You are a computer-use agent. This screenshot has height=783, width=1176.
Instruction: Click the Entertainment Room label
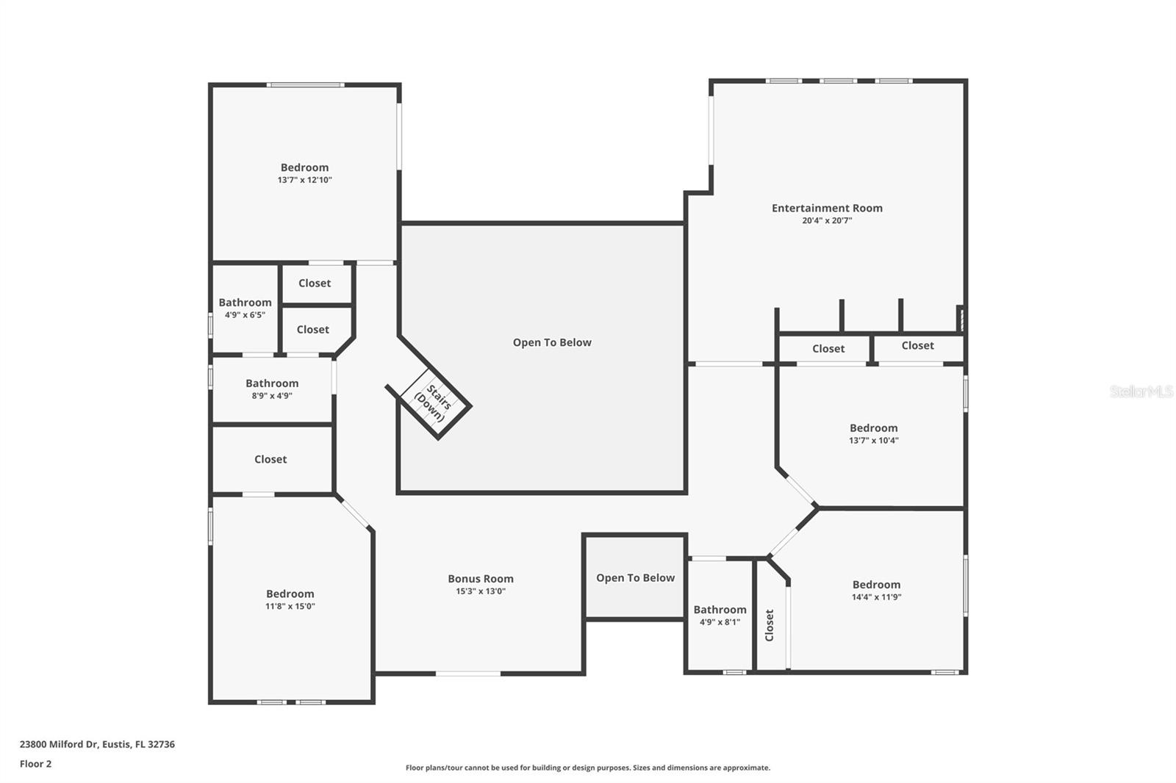pyautogui.click(x=827, y=208)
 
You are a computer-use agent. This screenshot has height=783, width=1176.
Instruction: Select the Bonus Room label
pyautogui.click(x=481, y=579)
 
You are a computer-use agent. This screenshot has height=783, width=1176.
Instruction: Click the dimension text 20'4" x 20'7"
pyautogui.click(x=827, y=220)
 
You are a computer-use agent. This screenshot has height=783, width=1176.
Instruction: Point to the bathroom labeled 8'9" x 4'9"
pyautogui.click(x=272, y=389)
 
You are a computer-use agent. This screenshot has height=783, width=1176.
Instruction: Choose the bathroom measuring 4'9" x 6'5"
pyautogui.click(x=245, y=308)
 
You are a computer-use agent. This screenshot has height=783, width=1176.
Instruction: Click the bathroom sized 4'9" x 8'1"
pyautogui.click(x=720, y=615)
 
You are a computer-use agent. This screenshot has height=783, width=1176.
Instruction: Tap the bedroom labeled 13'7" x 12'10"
pyautogui.click(x=304, y=173)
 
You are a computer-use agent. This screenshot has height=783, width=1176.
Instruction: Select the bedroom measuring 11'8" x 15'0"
pyautogui.click(x=290, y=599)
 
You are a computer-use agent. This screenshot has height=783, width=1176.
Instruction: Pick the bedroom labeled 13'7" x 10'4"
pyautogui.click(x=873, y=433)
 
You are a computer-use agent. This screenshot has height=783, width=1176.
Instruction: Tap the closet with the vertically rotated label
pyautogui.click(x=770, y=625)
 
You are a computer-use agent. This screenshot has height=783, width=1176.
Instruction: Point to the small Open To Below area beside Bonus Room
pyautogui.click(x=635, y=578)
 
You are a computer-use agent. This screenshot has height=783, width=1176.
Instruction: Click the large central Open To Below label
pyautogui.click(x=552, y=342)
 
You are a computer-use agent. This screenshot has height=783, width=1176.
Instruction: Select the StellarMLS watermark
pyautogui.click(x=1141, y=391)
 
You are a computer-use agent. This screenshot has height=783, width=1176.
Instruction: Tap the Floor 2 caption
pyautogui.click(x=35, y=764)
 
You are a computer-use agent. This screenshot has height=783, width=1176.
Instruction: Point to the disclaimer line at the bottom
pyautogui.click(x=588, y=768)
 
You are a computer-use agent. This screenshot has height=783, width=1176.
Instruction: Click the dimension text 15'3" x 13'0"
pyautogui.click(x=481, y=591)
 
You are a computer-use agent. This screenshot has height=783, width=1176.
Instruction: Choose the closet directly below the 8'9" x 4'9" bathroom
pyautogui.click(x=270, y=459)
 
